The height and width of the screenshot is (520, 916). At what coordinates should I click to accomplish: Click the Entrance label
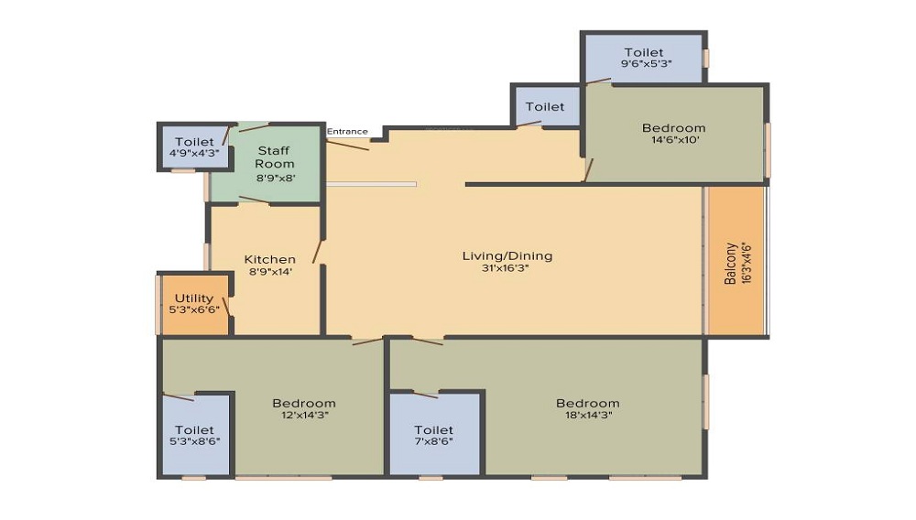click(x=347, y=131)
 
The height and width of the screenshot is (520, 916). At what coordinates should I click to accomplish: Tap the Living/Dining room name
click(x=507, y=255)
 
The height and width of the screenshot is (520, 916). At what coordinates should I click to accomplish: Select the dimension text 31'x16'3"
click(x=507, y=269)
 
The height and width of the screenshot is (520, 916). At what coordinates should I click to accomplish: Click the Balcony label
click(x=730, y=264)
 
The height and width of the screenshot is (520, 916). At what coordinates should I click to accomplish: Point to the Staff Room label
click(x=275, y=157)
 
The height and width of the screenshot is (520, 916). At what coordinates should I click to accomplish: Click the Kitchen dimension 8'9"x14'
click(x=269, y=272)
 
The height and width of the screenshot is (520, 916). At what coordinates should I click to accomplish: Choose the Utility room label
click(x=194, y=298)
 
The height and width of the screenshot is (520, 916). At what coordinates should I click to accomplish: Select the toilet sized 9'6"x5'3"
click(x=643, y=59)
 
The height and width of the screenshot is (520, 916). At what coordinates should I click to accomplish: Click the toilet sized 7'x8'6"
click(x=433, y=436)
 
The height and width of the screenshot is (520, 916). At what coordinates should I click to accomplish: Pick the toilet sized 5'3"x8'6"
click(x=194, y=435)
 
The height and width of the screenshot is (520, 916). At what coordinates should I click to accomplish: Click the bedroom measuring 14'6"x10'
click(x=673, y=134)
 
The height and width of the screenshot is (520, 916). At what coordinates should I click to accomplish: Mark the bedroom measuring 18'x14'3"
click(x=587, y=408)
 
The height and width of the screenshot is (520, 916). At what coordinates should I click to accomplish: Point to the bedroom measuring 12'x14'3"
click(x=303, y=408)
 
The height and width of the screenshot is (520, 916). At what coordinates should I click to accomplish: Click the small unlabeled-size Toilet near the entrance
click(x=545, y=107)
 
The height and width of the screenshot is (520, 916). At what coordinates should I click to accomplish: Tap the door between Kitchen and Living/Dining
click(x=318, y=251)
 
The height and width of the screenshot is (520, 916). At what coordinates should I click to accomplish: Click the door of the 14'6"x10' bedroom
click(x=589, y=170)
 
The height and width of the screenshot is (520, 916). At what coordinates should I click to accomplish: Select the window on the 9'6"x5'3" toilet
click(x=706, y=58)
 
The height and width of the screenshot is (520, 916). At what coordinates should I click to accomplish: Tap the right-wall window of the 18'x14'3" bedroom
click(x=704, y=401)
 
